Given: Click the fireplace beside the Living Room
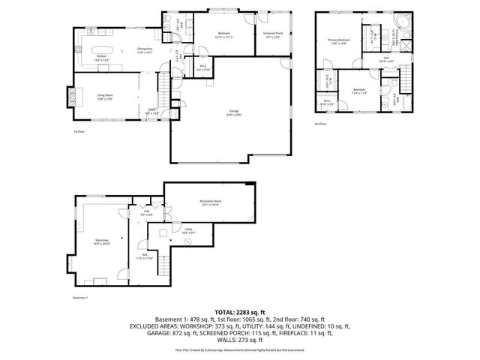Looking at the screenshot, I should [72, 96].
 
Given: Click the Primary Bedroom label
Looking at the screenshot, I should [338, 40].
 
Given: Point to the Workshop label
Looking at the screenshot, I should [103, 241].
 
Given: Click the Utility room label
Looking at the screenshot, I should [188, 231].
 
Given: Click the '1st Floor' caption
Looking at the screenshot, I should [79, 132].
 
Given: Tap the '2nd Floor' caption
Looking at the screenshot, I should [320, 123].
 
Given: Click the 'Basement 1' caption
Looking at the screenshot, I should [80, 298].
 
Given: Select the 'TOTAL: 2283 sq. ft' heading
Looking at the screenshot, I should [239, 311].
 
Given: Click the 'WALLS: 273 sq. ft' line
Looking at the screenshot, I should [239, 340].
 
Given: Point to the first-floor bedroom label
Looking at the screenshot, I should [224, 34].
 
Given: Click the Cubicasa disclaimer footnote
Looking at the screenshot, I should [239, 349].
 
